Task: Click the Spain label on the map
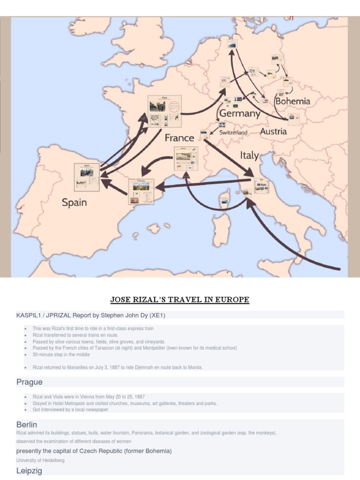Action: tap(74, 202)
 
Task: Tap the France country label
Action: tap(179, 138)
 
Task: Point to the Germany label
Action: tap(240, 113)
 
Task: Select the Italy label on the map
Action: tap(249, 155)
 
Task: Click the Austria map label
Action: tap(273, 132)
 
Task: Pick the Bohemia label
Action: tap(292, 101)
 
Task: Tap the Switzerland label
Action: tap(233, 133)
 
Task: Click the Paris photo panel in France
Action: tap(165, 111)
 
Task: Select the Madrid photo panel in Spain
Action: tap(87, 177)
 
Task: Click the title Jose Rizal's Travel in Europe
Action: tap(180, 300)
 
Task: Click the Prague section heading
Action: tap(30, 382)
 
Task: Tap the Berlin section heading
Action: tap(27, 425)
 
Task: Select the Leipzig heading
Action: tap(30, 470)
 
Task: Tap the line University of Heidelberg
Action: tap(40, 460)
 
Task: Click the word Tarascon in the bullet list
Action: tap(106, 348)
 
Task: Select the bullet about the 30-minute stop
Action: tap(61, 355)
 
